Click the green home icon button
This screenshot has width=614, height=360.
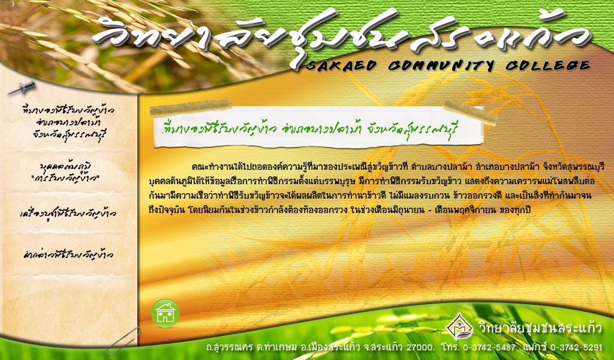tap(165, 313)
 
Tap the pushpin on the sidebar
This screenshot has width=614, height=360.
tap(22, 88)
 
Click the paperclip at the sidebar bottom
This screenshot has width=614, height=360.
tap(124, 340)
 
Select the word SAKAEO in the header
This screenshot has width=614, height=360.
tap(341, 65)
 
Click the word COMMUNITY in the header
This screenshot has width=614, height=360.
tap(441, 65)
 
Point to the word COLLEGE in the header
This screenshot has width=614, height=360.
tap(547, 65)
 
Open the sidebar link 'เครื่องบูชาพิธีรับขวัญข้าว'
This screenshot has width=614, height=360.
tap(68, 214)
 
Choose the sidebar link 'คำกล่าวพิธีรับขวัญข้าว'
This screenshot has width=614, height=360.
tap(68, 254)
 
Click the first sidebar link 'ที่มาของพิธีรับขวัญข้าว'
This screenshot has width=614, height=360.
tap(68, 122)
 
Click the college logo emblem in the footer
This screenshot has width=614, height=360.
tap(460, 326)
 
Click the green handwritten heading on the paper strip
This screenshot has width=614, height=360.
tap(311, 128)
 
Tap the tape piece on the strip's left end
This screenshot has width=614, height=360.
tap(191, 108)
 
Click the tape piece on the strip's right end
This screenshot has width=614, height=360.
tap(470, 112)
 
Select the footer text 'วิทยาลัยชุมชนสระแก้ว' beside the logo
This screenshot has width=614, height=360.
tap(540, 328)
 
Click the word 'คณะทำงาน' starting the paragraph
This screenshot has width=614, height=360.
tap(208, 167)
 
